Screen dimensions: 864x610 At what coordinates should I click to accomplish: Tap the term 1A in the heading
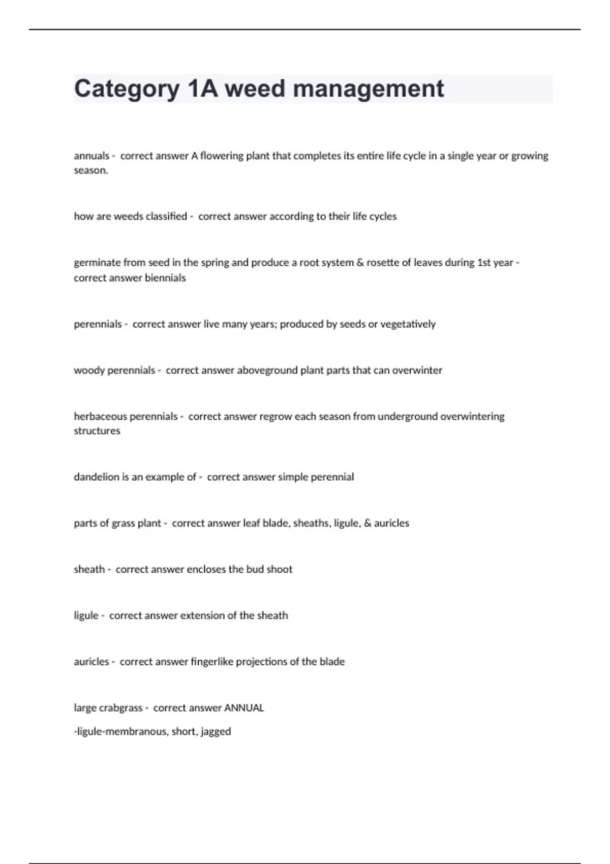tap(202, 89)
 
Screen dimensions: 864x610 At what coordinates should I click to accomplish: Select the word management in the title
tap(369, 89)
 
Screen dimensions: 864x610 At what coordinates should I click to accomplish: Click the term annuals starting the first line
tap(91, 156)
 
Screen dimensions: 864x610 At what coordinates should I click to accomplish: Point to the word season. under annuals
tap(91, 170)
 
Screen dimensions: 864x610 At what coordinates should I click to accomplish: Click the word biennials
tap(165, 278)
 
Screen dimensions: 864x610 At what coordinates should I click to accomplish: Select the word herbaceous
tap(100, 417)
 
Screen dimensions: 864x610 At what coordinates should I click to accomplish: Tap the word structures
tap(97, 431)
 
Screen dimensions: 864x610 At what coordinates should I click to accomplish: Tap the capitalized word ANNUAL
tap(244, 708)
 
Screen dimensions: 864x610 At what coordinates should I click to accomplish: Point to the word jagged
tap(216, 732)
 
